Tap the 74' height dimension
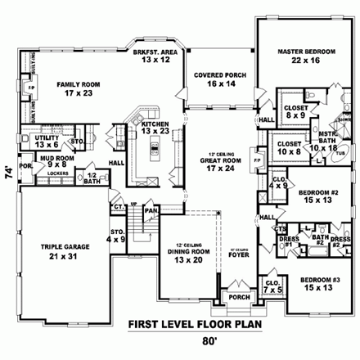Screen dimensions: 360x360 [x=8, y=173]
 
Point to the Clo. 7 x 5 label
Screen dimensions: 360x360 [x=273, y=286]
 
